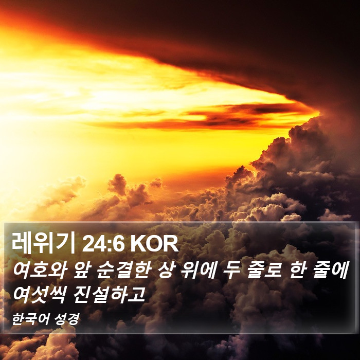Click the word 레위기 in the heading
44,243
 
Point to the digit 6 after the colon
118,244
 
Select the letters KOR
154,244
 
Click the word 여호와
40,270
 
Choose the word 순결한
124,270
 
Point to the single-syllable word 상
166,270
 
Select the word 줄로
264,270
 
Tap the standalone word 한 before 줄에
298,270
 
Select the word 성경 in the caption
67,319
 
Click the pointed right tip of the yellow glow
319,113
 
